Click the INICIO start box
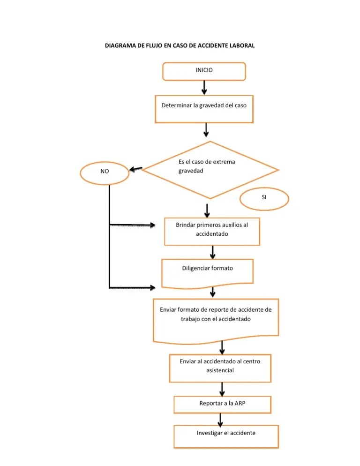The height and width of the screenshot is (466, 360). click(204, 70)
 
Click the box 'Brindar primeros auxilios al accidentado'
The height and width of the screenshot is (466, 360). click(211, 231)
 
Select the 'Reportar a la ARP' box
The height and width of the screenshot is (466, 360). click(222, 404)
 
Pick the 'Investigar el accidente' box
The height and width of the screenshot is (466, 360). click(226, 436)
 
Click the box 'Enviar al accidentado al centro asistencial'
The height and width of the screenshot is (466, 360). click(220, 367)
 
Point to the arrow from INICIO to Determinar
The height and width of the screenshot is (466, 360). click(204, 87)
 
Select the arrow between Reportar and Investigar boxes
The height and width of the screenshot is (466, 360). click(220, 419)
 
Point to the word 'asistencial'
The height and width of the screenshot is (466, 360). click(220, 370)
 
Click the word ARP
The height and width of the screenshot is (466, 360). click(240, 403)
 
